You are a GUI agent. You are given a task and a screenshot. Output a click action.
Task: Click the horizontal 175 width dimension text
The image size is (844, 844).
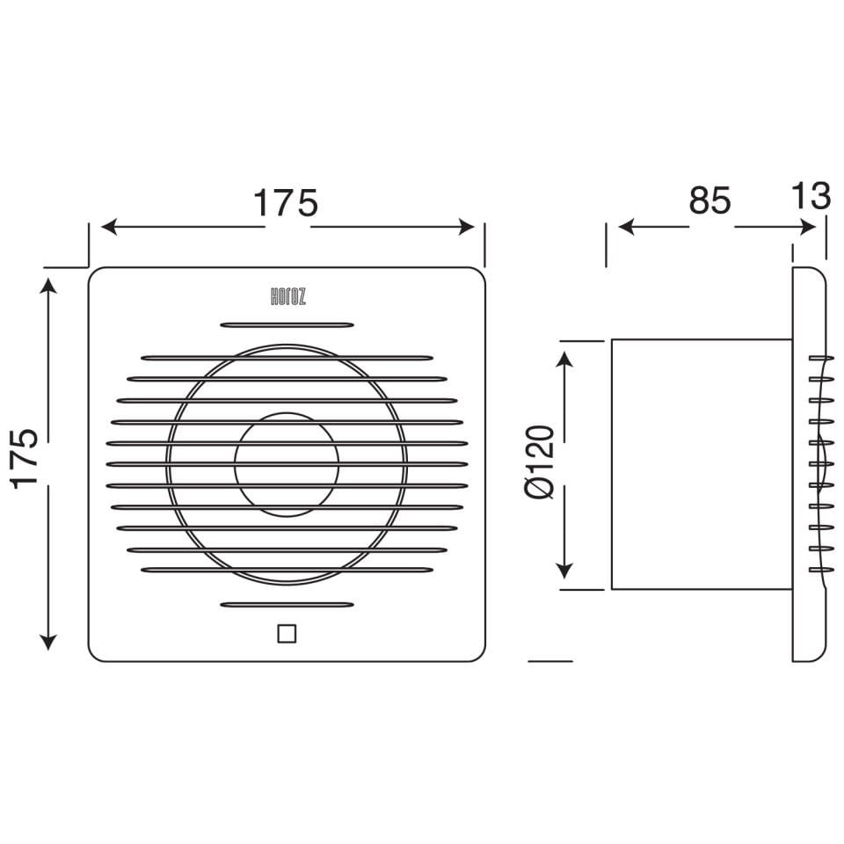click(x=286, y=203)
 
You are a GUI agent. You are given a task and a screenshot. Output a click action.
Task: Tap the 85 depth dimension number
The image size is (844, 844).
click(x=709, y=201)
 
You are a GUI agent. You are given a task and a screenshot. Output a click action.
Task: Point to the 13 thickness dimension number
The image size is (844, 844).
click(x=810, y=196)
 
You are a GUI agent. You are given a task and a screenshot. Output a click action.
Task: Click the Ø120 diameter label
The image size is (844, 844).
click(x=541, y=462)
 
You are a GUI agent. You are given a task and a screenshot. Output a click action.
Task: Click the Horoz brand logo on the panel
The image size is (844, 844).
click(x=287, y=298)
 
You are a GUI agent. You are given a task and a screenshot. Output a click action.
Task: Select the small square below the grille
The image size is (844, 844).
click(x=287, y=633)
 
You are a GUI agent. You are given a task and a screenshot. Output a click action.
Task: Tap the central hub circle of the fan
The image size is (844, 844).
click(x=287, y=463)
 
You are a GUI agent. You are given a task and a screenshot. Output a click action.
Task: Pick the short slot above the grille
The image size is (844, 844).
click(x=287, y=324)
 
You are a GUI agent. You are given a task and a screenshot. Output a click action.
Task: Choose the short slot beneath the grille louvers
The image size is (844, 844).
click(x=287, y=605)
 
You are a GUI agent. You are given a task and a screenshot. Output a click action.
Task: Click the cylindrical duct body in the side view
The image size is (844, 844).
click(x=699, y=463)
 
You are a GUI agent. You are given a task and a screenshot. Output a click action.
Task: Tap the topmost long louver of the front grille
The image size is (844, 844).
click(x=287, y=358)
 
